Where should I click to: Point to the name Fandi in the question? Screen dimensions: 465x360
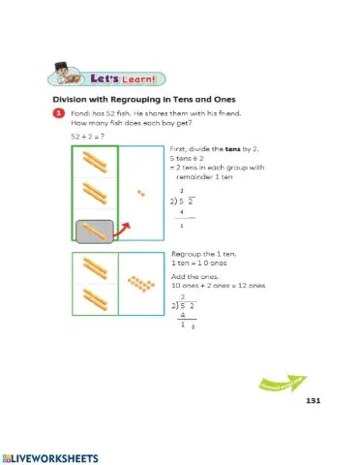pyautogui.click(x=79, y=113)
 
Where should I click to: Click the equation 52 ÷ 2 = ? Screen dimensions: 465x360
pyautogui.click(x=87, y=137)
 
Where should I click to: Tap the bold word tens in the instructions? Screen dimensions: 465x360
pyautogui.click(x=224, y=149)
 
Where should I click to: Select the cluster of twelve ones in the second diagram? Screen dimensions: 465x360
pyautogui.click(x=142, y=284)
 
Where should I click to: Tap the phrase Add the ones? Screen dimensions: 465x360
pyautogui.click(x=192, y=276)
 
